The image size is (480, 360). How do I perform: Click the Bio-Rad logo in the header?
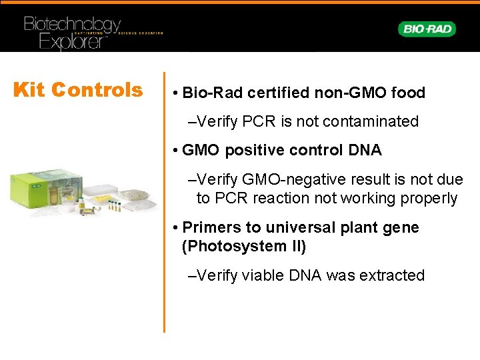click(x=427, y=29)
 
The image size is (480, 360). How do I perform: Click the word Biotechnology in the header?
click(x=72, y=25)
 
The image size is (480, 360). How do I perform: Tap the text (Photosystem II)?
click(x=244, y=246)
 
